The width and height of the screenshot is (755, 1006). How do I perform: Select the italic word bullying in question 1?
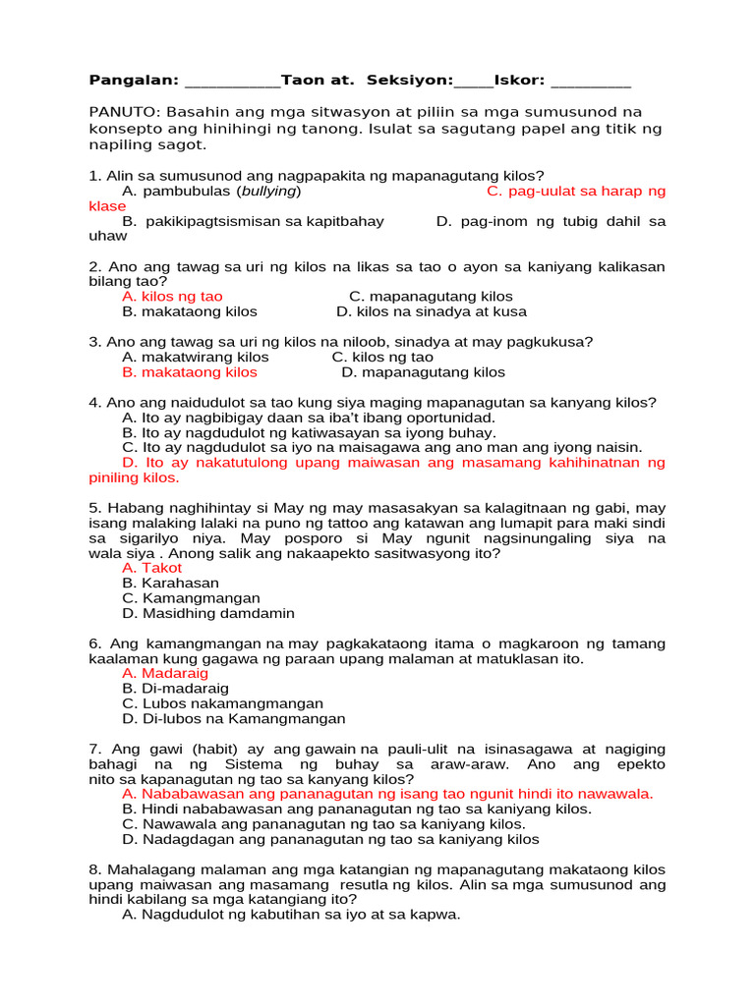click(270, 191)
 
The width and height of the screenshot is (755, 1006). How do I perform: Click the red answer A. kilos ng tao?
click(172, 296)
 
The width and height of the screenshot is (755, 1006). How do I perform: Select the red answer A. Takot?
click(152, 568)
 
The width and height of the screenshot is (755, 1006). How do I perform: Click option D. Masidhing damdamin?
click(207, 613)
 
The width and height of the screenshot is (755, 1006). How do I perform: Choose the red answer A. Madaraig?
click(165, 674)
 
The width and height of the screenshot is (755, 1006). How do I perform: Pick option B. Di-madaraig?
click(173, 689)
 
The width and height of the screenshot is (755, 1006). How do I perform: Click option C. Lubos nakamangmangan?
click(222, 703)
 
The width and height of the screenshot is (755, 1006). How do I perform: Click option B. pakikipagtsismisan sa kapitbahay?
click(253, 221)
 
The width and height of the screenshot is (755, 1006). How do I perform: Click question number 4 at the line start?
click(94, 403)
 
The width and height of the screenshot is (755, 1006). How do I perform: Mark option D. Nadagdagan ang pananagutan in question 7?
click(330, 839)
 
